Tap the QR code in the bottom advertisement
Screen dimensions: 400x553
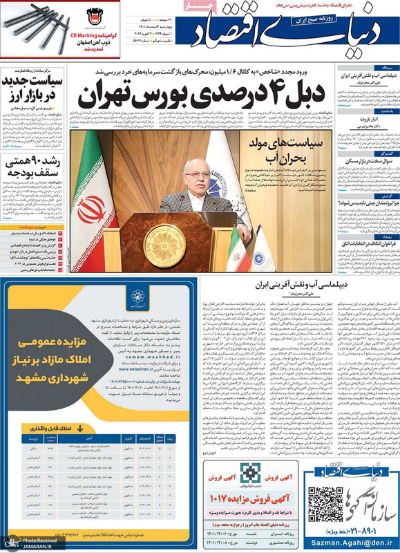point(323,503)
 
